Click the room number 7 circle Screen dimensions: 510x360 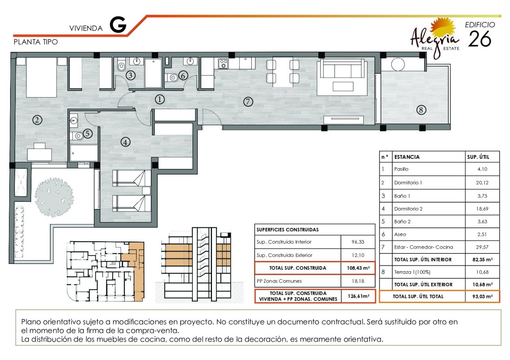[x=248, y=102]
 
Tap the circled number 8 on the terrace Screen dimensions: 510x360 [x=421, y=110]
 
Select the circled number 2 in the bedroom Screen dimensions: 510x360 [x=37, y=120]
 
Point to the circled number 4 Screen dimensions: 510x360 [x=125, y=142]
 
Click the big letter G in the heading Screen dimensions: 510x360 [x=118, y=25]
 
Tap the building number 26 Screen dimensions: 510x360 [x=479, y=39]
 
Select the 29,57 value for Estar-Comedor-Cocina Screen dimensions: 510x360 [x=482, y=247]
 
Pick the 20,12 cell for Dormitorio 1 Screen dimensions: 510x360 [x=482, y=183]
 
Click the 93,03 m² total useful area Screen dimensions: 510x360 [x=483, y=297]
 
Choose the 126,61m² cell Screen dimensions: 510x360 [x=358, y=296]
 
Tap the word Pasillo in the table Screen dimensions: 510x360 [x=401, y=169]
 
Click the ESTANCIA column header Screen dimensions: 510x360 [x=407, y=157]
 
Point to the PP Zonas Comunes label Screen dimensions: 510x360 [x=279, y=281]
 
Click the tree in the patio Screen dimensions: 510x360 [x=54, y=197]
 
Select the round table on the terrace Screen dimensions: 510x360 [x=398, y=64]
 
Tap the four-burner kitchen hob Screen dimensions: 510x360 [x=223, y=64]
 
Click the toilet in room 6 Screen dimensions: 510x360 [x=172, y=78]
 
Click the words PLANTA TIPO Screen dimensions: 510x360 [x=36, y=42]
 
